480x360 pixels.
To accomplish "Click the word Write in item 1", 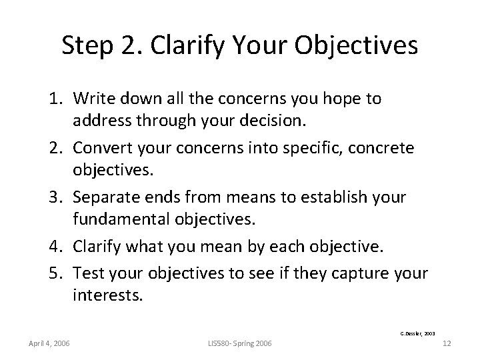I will [x=93, y=99].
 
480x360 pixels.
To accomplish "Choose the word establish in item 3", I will [x=337, y=197].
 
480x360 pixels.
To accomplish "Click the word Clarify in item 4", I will [x=97, y=246].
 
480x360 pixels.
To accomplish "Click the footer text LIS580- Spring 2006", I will [x=239, y=343].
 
